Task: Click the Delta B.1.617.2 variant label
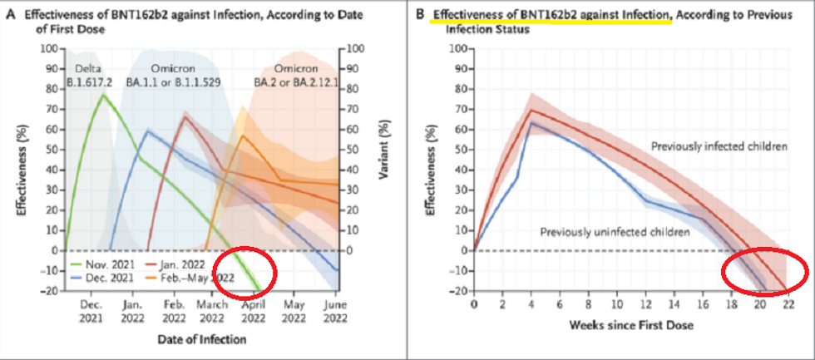pyautogui.click(x=89, y=74)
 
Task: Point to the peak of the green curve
pyautogui.click(x=103, y=95)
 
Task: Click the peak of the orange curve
pyautogui.click(x=242, y=136)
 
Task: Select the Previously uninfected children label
pyautogui.click(x=615, y=230)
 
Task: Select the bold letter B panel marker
pyautogui.click(x=419, y=14)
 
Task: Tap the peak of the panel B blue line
pyautogui.click(x=531, y=122)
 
